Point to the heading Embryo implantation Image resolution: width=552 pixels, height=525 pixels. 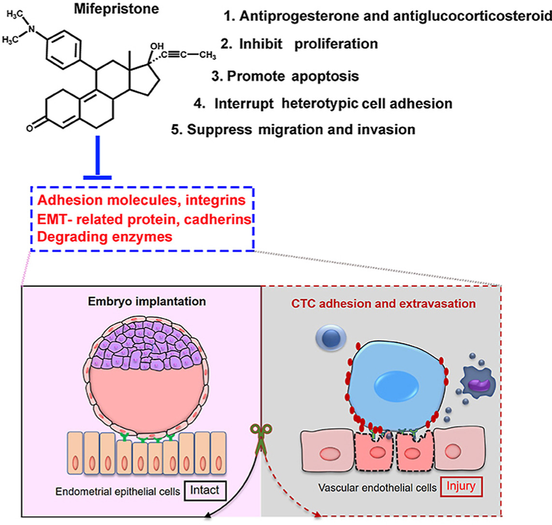pyautogui.click(x=146, y=301)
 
